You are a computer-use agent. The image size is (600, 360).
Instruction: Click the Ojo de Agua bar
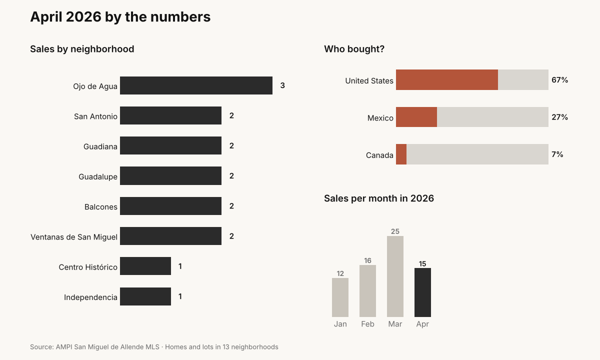(x=196, y=85)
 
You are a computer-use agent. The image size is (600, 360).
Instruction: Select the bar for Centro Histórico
(x=145, y=266)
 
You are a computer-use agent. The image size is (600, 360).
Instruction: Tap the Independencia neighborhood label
(x=90, y=297)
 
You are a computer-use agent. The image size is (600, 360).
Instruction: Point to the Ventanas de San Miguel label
(x=74, y=237)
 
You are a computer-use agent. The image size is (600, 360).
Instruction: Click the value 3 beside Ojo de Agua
(x=282, y=85)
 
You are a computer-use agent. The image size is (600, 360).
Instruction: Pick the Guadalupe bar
(x=170, y=175)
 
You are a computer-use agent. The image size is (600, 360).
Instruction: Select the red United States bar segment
(x=447, y=80)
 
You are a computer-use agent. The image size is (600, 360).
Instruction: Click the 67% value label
(x=559, y=80)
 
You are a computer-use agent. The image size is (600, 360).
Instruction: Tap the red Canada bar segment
(x=401, y=154)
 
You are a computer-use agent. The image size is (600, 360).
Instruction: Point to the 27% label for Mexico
(x=559, y=117)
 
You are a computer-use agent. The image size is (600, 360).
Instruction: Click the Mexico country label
(x=380, y=118)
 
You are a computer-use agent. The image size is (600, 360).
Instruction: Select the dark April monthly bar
(x=422, y=292)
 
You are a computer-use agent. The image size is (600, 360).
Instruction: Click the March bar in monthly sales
(x=395, y=276)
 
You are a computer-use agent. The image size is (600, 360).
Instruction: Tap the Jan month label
(x=340, y=324)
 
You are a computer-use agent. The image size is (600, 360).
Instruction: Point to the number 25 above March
(x=395, y=231)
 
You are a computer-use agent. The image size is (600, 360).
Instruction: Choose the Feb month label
(x=367, y=324)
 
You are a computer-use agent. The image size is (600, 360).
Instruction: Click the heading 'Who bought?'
(x=354, y=49)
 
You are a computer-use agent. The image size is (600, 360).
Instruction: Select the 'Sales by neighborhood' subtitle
(x=82, y=49)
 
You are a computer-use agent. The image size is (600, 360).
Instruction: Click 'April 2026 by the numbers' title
(x=120, y=17)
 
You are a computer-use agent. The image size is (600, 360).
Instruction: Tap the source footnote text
(x=154, y=347)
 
